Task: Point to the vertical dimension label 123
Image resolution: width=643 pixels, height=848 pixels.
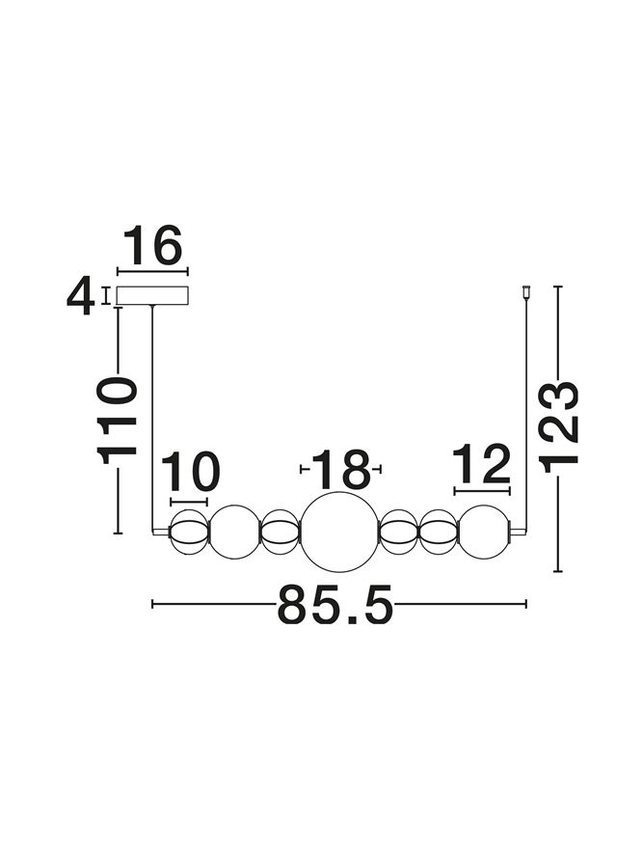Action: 559,427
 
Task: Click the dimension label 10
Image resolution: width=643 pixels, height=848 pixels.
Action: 190,472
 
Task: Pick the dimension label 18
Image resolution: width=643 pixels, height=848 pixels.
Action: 341,469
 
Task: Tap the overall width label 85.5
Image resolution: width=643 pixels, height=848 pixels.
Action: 335,604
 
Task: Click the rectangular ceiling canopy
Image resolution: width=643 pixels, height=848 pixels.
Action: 153,295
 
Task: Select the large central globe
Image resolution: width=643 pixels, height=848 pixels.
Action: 338,532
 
